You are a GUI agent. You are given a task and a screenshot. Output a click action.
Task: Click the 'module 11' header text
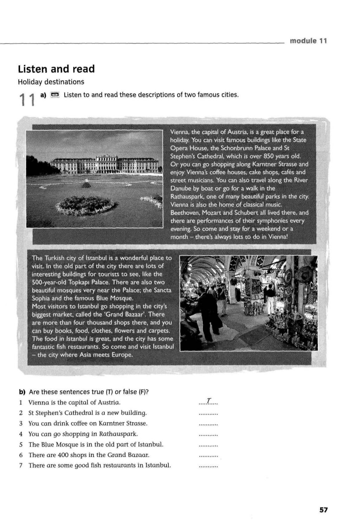tap(308, 41)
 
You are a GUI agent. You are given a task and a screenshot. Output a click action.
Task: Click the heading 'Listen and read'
tap(56, 69)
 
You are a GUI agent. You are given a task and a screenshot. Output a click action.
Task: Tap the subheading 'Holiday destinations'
tap(51, 82)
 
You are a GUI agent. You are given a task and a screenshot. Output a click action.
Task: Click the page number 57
tap(323, 510)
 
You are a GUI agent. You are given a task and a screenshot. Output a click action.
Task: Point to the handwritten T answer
tap(208, 401)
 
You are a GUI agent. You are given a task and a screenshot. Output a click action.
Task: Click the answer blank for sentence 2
tap(208, 413)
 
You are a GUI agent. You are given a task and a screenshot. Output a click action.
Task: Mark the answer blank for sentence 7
tap(208, 466)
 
